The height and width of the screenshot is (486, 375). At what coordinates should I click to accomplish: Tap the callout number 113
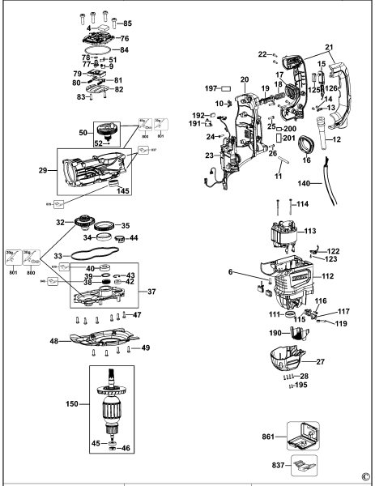tap(309, 230)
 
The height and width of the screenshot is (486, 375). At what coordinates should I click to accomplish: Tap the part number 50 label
tap(83, 131)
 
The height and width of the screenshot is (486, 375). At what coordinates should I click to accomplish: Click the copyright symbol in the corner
tap(364, 477)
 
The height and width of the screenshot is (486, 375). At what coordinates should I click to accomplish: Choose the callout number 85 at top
tap(127, 23)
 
